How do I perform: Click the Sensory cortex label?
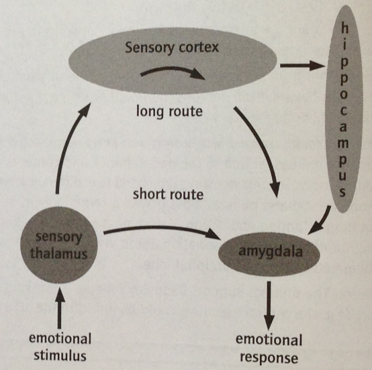coord(171,48)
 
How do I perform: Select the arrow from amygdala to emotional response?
coord(268,296)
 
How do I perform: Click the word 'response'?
coord(269,357)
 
